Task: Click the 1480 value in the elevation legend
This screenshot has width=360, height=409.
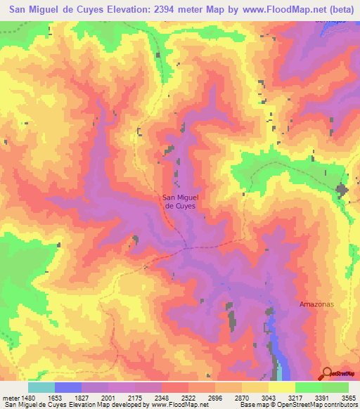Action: tap(20, 396)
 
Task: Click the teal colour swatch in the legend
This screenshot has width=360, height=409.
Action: tap(41, 387)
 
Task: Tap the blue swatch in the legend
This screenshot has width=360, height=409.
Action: tap(68, 387)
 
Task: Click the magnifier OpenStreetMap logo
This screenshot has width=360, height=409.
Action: tap(327, 373)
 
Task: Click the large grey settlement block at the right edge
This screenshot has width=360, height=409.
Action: tap(344, 190)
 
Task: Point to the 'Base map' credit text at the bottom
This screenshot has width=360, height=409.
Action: tap(256, 404)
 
